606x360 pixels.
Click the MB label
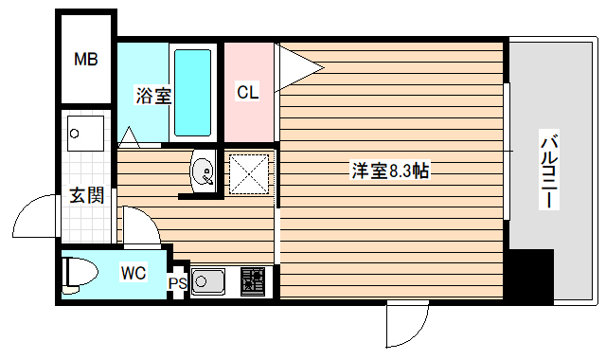86,61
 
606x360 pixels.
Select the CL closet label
247,92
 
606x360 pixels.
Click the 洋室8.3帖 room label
390,171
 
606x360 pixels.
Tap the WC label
133,274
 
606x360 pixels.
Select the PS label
177,282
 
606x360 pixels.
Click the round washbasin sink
203,172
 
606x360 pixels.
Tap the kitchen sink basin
207,280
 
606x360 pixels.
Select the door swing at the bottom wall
405,326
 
